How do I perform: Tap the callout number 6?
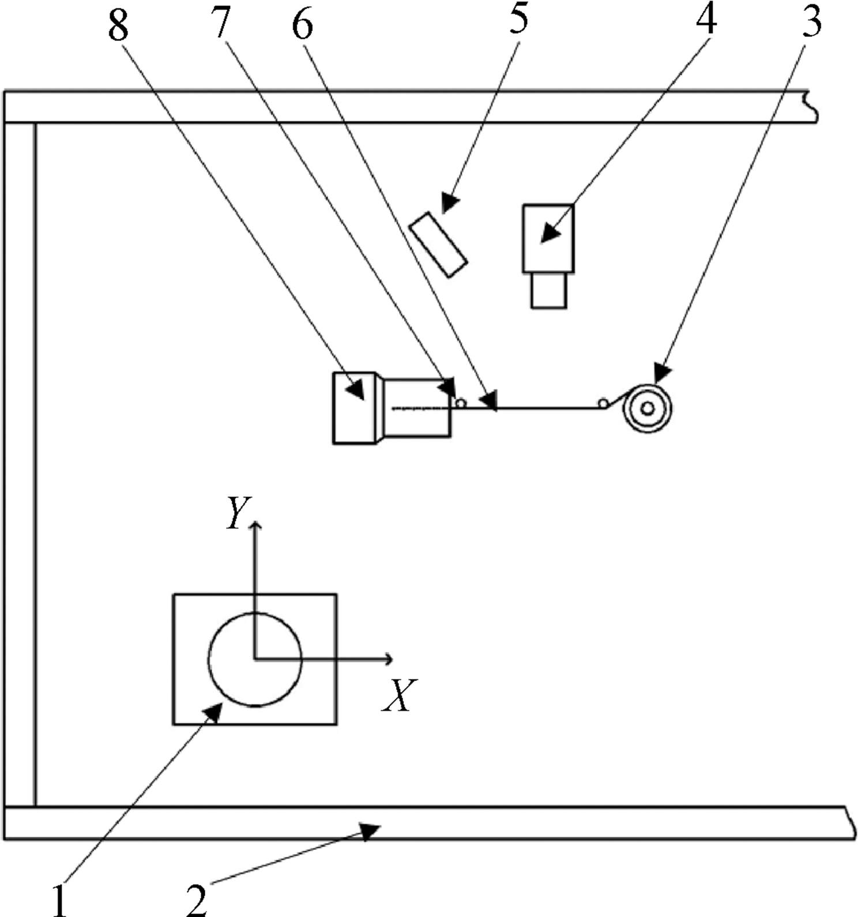[302, 25]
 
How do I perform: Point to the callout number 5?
[518, 19]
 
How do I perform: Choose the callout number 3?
[811, 21]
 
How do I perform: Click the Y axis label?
[237, 512]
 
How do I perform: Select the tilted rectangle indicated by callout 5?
[438, 245]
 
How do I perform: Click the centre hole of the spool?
[647, 409]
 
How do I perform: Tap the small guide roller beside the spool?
[603, 403]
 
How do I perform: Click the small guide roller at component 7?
[460, 403]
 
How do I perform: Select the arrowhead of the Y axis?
[255, 523]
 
